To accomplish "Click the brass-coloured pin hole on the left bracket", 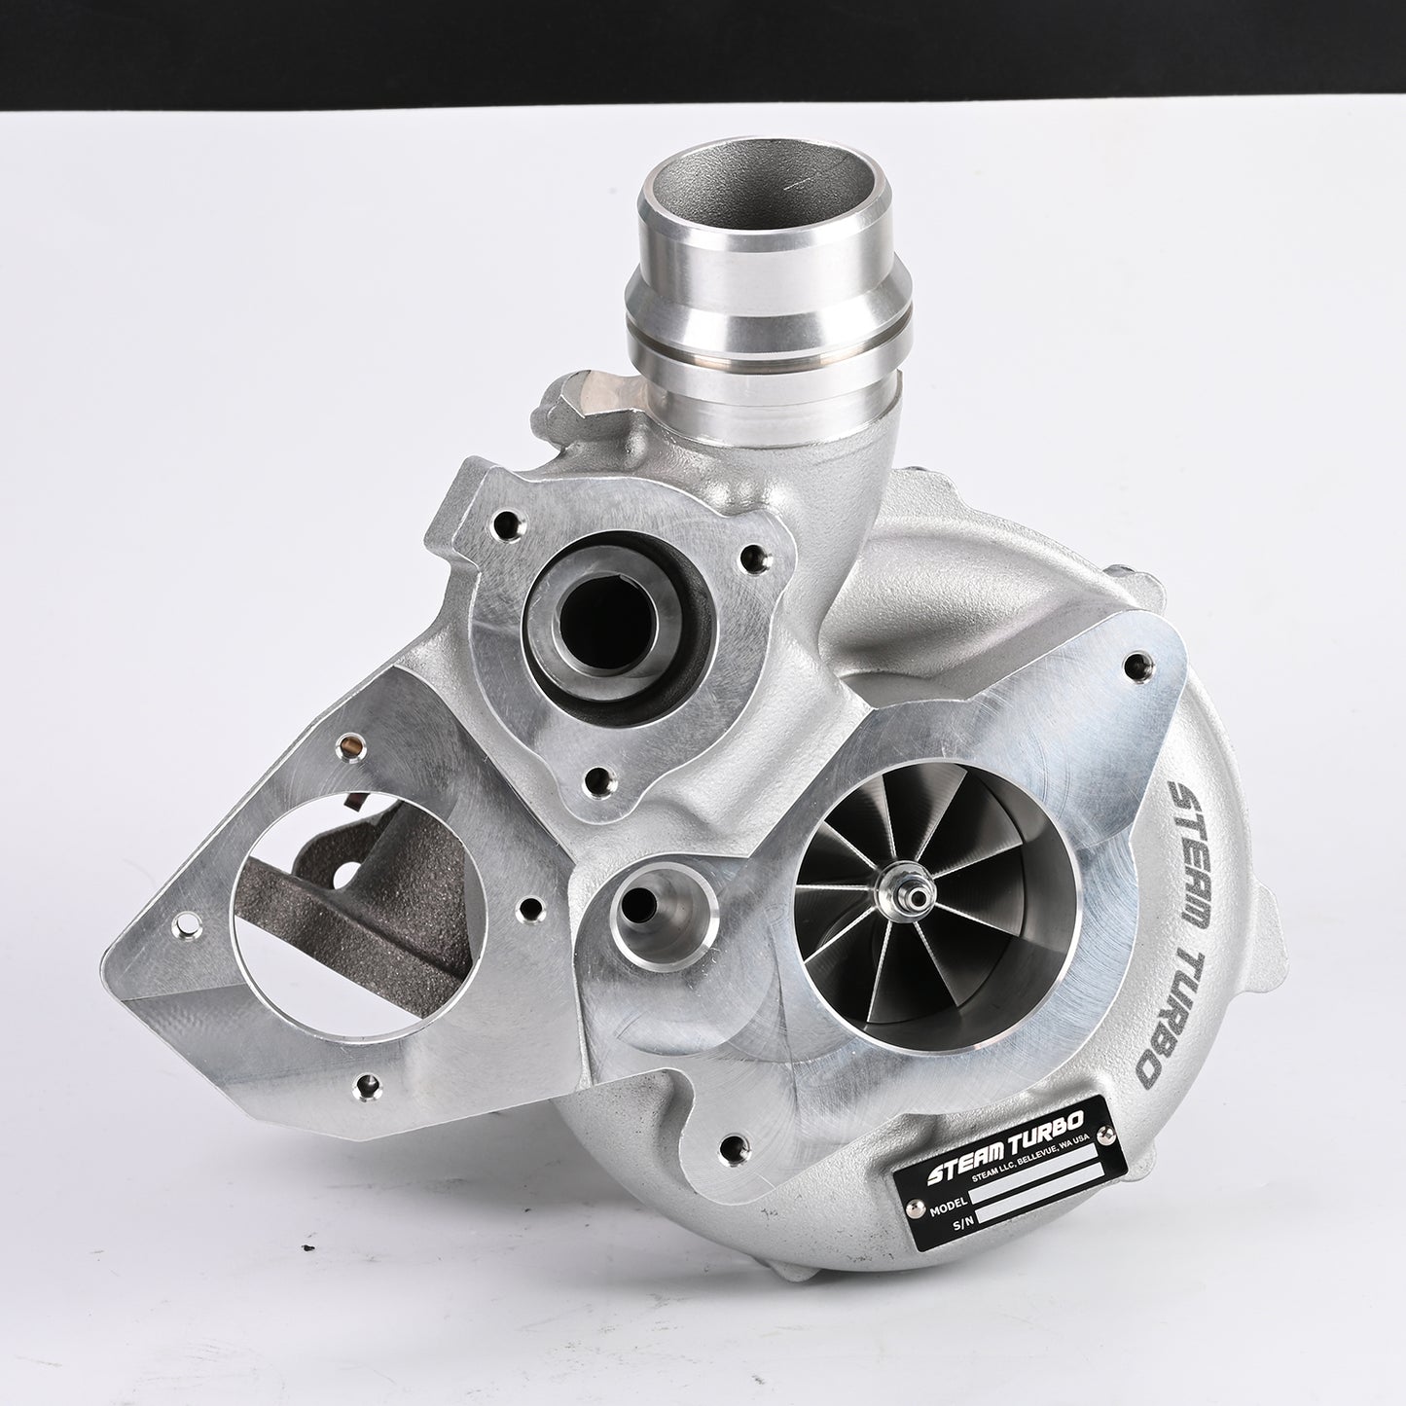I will click(342, 746).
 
